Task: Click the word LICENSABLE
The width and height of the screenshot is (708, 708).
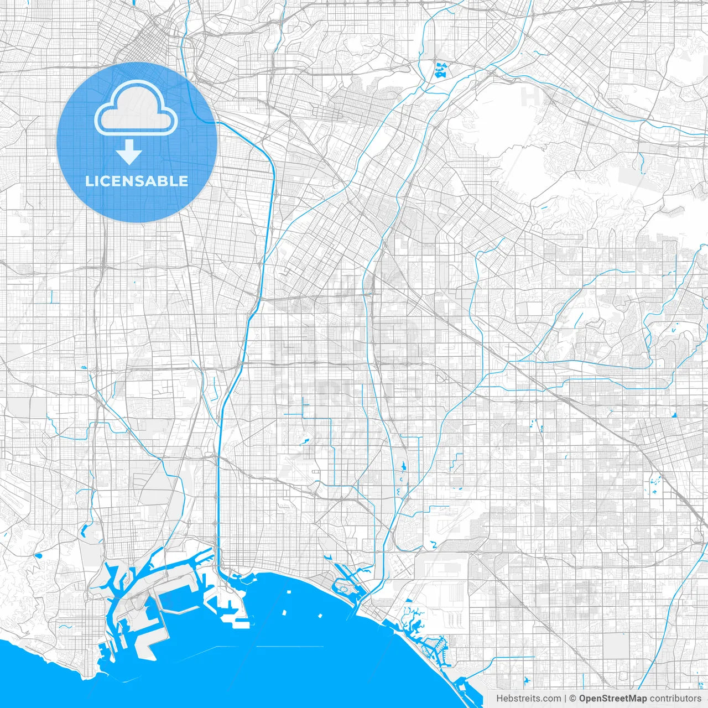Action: click(x=136, y=181)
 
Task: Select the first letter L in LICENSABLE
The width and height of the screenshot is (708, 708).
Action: click(x=88, y=181)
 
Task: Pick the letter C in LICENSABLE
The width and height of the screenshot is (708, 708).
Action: click(x=108, y=181)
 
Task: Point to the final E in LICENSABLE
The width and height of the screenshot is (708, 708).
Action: click(x=183, y=181)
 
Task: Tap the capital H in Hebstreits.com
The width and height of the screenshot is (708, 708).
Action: click(x=499, y=699)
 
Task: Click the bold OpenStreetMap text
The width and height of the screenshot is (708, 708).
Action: click(x=612, y=699)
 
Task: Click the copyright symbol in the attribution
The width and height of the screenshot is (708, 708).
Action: click(x=573, y=699)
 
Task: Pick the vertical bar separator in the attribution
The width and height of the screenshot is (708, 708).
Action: click(x=565, y=699)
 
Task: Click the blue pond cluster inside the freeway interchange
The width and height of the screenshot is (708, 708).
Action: click(x=441, y=70)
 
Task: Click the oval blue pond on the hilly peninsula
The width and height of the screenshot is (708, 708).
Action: click(x=39, y=556)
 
